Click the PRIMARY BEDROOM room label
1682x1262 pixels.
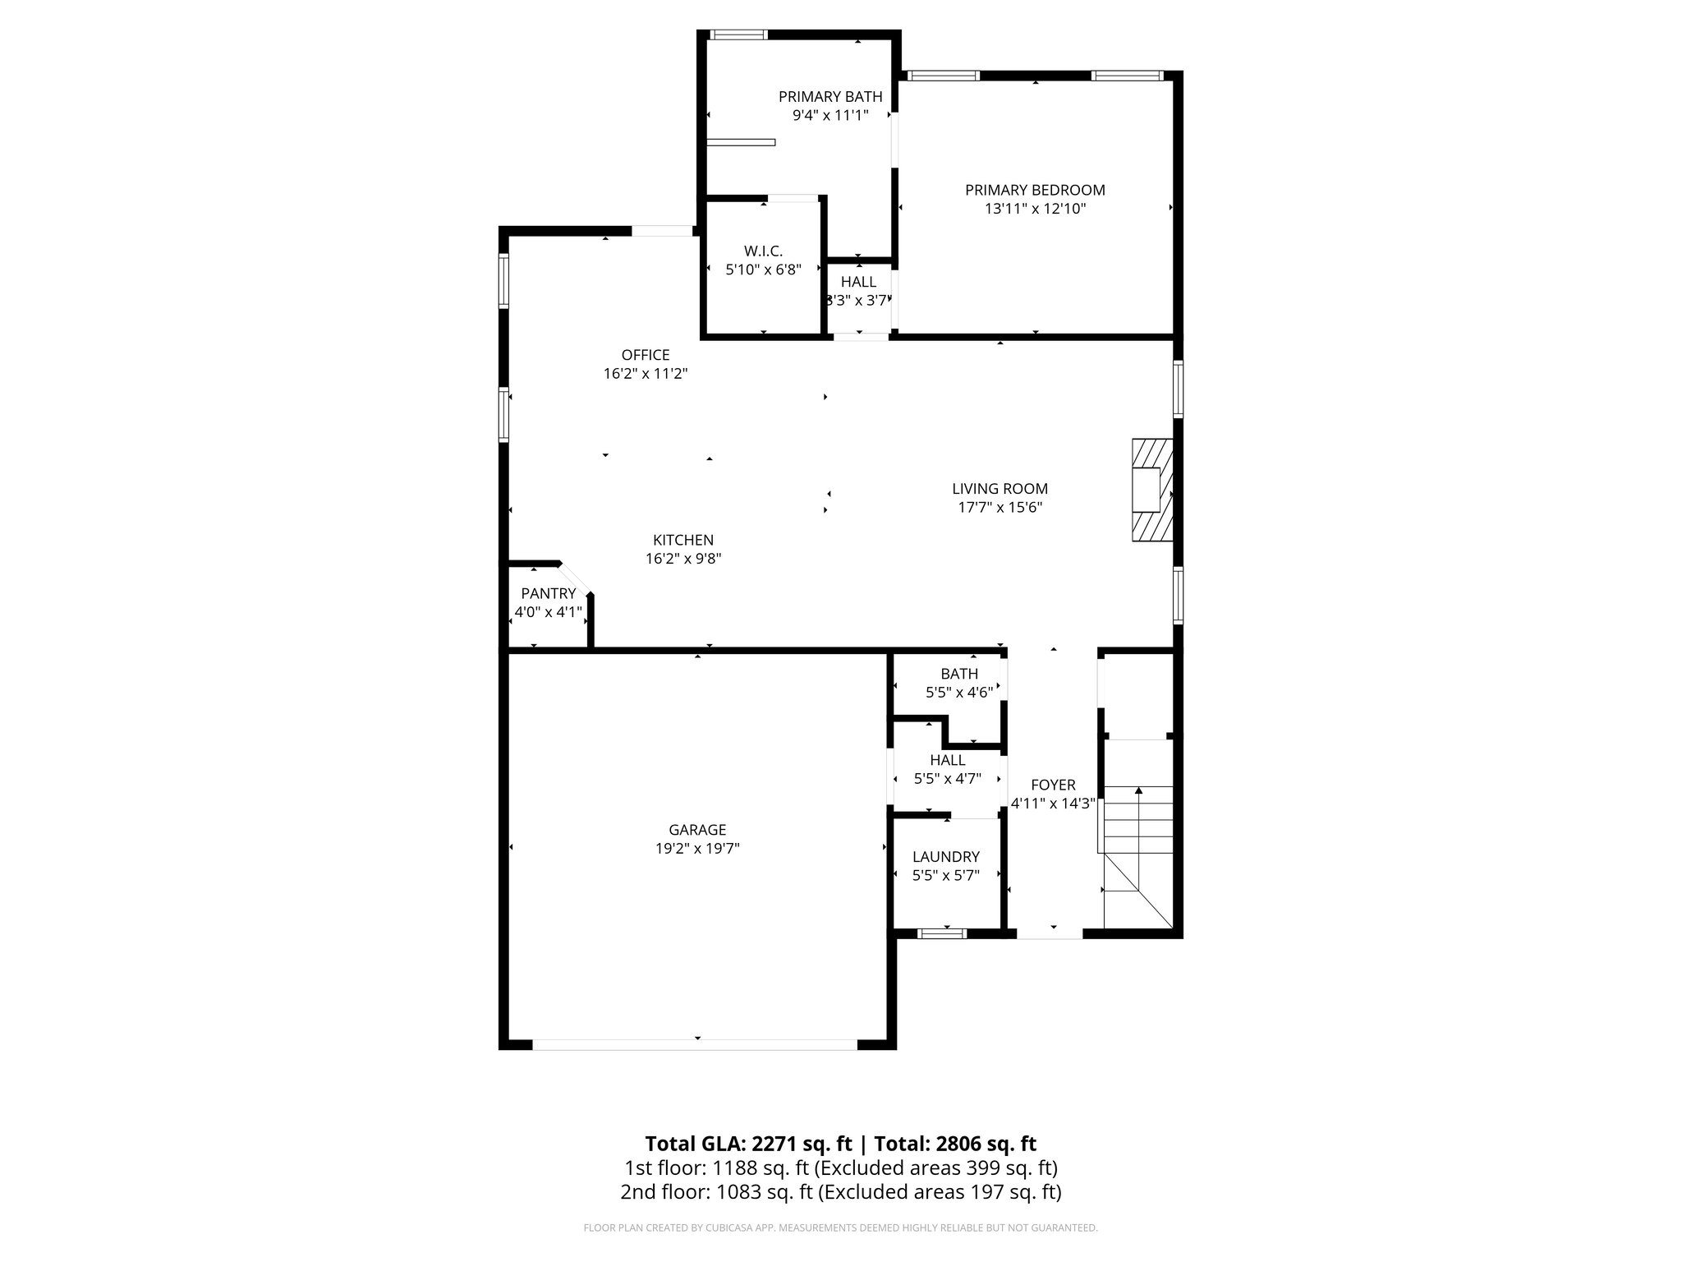pos(1035,190)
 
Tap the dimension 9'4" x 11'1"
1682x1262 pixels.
pos(830,116)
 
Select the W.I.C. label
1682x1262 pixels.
pos(763,251)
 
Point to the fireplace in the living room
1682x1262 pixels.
pos(1151,491)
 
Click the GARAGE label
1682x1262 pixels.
pos(697,830)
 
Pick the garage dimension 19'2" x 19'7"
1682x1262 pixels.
pos(697,849)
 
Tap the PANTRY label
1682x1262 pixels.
pos(549,593)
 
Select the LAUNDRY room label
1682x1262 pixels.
pos(946,857)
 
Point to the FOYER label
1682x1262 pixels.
pos(1053,785)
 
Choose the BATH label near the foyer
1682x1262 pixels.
pos(959,674)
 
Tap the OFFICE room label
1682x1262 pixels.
pos(646,355)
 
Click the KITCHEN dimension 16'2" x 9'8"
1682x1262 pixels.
pos(683,559)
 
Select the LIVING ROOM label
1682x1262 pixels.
pos(1000,489)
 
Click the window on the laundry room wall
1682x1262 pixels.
pos(942,933)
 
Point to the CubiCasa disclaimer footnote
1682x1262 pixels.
pos(840,1228)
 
